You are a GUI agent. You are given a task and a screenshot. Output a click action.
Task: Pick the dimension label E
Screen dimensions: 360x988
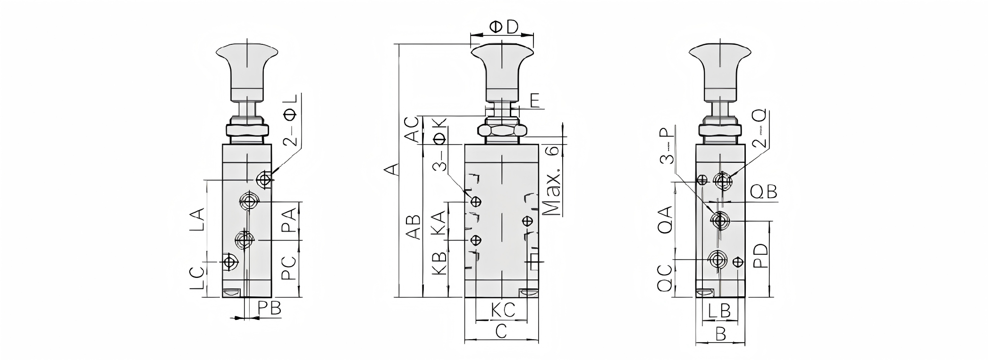point(535,100)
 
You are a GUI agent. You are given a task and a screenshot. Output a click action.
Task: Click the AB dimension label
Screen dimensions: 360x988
point(414,227)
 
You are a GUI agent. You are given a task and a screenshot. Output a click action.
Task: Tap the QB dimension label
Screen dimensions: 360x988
point(763,192)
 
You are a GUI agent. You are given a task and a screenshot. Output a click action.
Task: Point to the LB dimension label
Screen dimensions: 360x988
point(720,310)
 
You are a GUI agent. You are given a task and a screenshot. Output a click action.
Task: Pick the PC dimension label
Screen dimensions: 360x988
point(289,268)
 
